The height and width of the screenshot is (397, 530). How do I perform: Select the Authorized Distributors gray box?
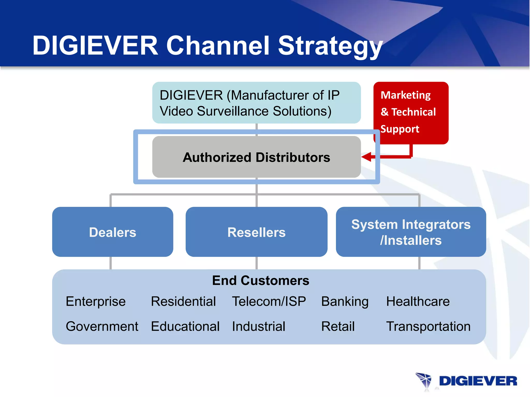(x=256, y=157)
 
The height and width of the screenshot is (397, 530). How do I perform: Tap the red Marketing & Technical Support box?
(x=411, y=113)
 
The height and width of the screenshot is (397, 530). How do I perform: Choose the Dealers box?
(x=113, y=232)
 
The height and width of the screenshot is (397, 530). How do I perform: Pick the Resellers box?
(x=256, y=232)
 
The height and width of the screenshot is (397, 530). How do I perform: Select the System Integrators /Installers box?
(x=411, y=232)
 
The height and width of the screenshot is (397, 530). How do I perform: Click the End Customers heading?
(x=261, y=280)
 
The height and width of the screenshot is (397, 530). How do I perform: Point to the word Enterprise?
(x=95, y=301)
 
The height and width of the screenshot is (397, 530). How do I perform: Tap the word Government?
(x=102, y=326)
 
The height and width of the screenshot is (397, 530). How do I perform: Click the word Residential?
(x=183, y=301)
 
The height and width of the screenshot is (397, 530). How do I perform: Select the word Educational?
(x=185, y=326)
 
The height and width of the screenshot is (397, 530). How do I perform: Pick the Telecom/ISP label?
(x=269, y=301)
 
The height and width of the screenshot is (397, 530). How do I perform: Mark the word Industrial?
(x=259, y=326)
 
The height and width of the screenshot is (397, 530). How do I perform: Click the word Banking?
(x=345, y=301)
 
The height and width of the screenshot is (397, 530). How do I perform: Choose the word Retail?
(x=338, y=326)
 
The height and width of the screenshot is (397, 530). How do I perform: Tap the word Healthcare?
(x=418, y=301)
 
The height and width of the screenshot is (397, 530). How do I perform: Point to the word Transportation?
(x=428, y=326)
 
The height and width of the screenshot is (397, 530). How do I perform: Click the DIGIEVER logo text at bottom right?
(x=478, y=381)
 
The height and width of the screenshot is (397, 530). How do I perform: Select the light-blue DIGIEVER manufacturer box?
(x=256, y=103)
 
